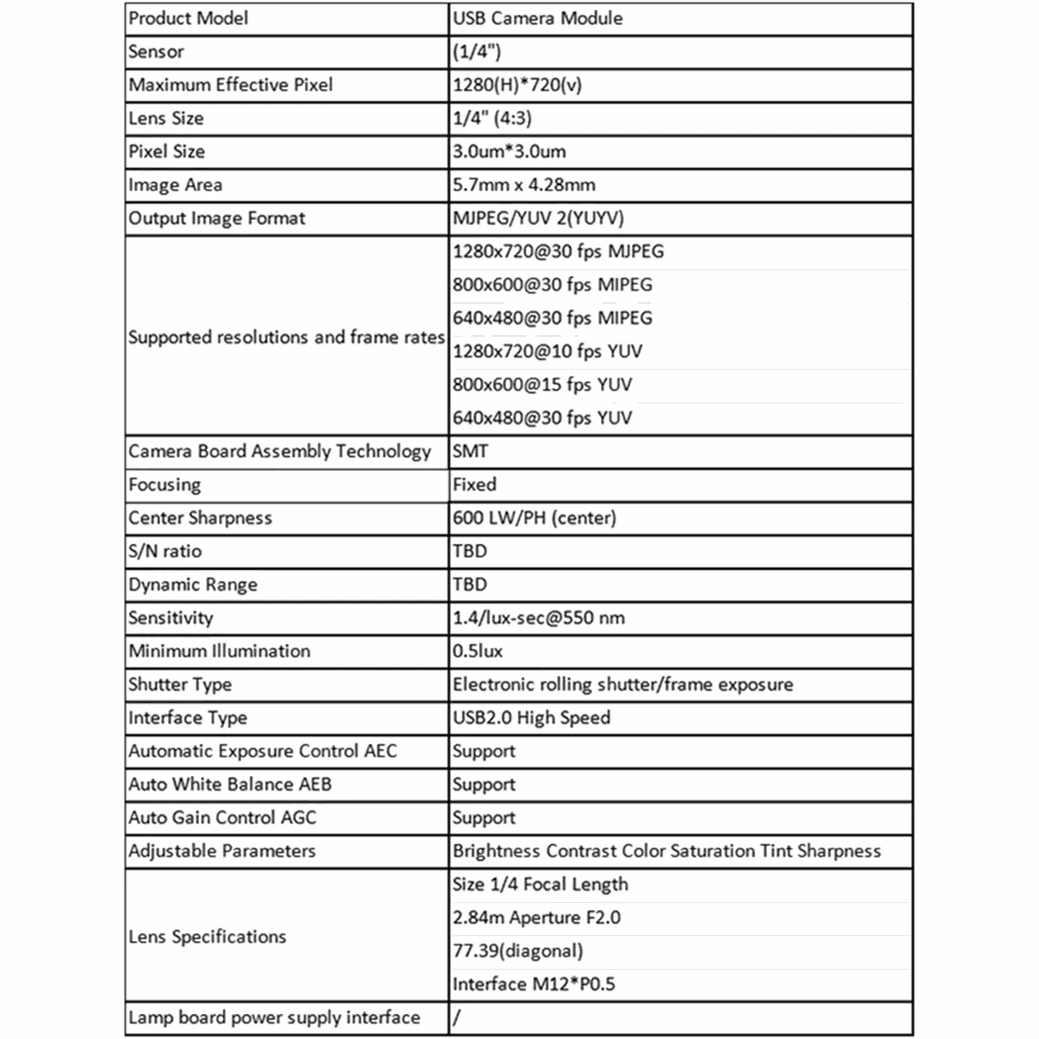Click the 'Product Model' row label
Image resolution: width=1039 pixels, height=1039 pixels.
(188, 18)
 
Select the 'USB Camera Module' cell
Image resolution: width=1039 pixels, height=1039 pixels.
(537, 18)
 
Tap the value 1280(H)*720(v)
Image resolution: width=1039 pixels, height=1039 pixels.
(517, 85)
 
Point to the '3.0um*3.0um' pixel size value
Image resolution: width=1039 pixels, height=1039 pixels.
(509, 152)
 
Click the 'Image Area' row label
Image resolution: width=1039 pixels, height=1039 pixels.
(175, 185)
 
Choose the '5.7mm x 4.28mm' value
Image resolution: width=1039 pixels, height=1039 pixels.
(524, 185)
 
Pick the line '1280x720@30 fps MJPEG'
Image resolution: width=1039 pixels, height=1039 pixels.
(558, 252)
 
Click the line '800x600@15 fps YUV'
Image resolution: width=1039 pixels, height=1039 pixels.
(542, 384)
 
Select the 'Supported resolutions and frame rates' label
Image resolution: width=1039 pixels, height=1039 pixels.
(286, 337)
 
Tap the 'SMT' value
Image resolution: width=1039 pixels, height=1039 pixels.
(470, 451)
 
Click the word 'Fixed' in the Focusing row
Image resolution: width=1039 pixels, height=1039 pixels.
(474, 485)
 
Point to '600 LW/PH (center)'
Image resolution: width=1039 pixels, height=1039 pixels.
(534, 518)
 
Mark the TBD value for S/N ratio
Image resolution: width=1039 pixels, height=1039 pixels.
(470, 552)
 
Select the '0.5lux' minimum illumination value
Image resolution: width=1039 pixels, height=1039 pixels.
(477, 651)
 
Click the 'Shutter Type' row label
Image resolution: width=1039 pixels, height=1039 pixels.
(180, 685)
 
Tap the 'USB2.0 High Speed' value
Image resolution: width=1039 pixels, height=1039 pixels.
(531, 718)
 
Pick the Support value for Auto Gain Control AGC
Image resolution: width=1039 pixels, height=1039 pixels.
(484, 818)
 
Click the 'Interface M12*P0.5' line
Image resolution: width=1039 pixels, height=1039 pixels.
(533, 984)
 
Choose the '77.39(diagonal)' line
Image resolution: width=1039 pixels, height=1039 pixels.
(518, 951)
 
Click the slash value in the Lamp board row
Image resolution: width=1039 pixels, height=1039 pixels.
(456, 1017)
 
